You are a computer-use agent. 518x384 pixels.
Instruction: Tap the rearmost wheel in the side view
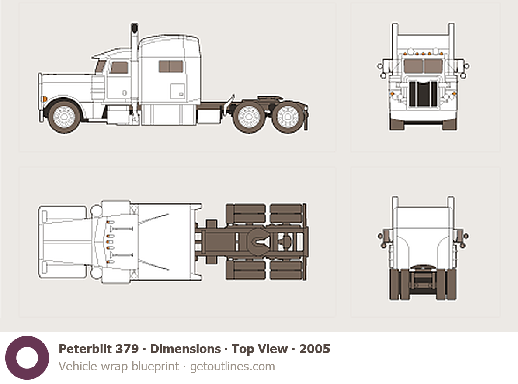(x=287, y=117)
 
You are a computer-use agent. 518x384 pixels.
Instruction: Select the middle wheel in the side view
(x=248, y=117)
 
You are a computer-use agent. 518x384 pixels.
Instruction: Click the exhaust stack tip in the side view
(x=134, y=27)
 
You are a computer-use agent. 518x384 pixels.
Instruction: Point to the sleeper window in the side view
(x=171, y=66)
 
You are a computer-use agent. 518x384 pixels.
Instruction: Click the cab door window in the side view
(x=119, y=68)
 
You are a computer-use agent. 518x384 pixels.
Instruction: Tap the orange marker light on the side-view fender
(x=44, y=99)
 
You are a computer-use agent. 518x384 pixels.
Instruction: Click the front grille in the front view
(x=423, y=94)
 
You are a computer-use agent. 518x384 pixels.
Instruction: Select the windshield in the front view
(x=423, y=66)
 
